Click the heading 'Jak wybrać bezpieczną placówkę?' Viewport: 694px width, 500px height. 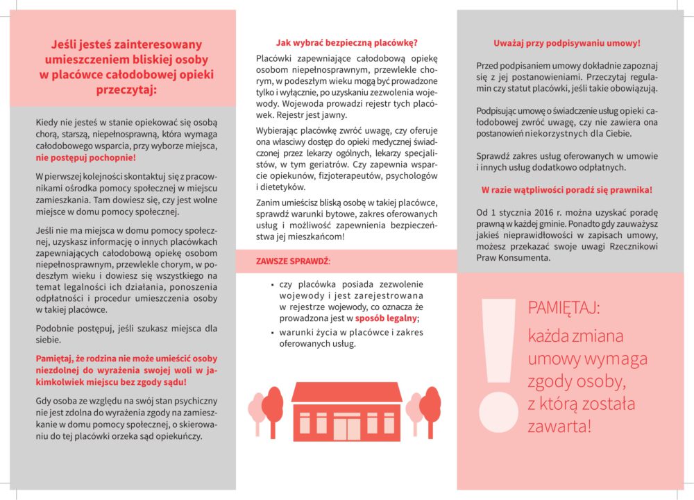pos(346,42)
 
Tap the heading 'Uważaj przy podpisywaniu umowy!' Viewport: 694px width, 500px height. pos(566,42)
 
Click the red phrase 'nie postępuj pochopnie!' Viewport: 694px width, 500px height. pos(86,158)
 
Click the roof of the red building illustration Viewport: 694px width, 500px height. pos(347,393)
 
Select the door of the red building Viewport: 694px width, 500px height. pos(346,426)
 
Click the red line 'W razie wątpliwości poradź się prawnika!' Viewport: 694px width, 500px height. pos(566,189)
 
